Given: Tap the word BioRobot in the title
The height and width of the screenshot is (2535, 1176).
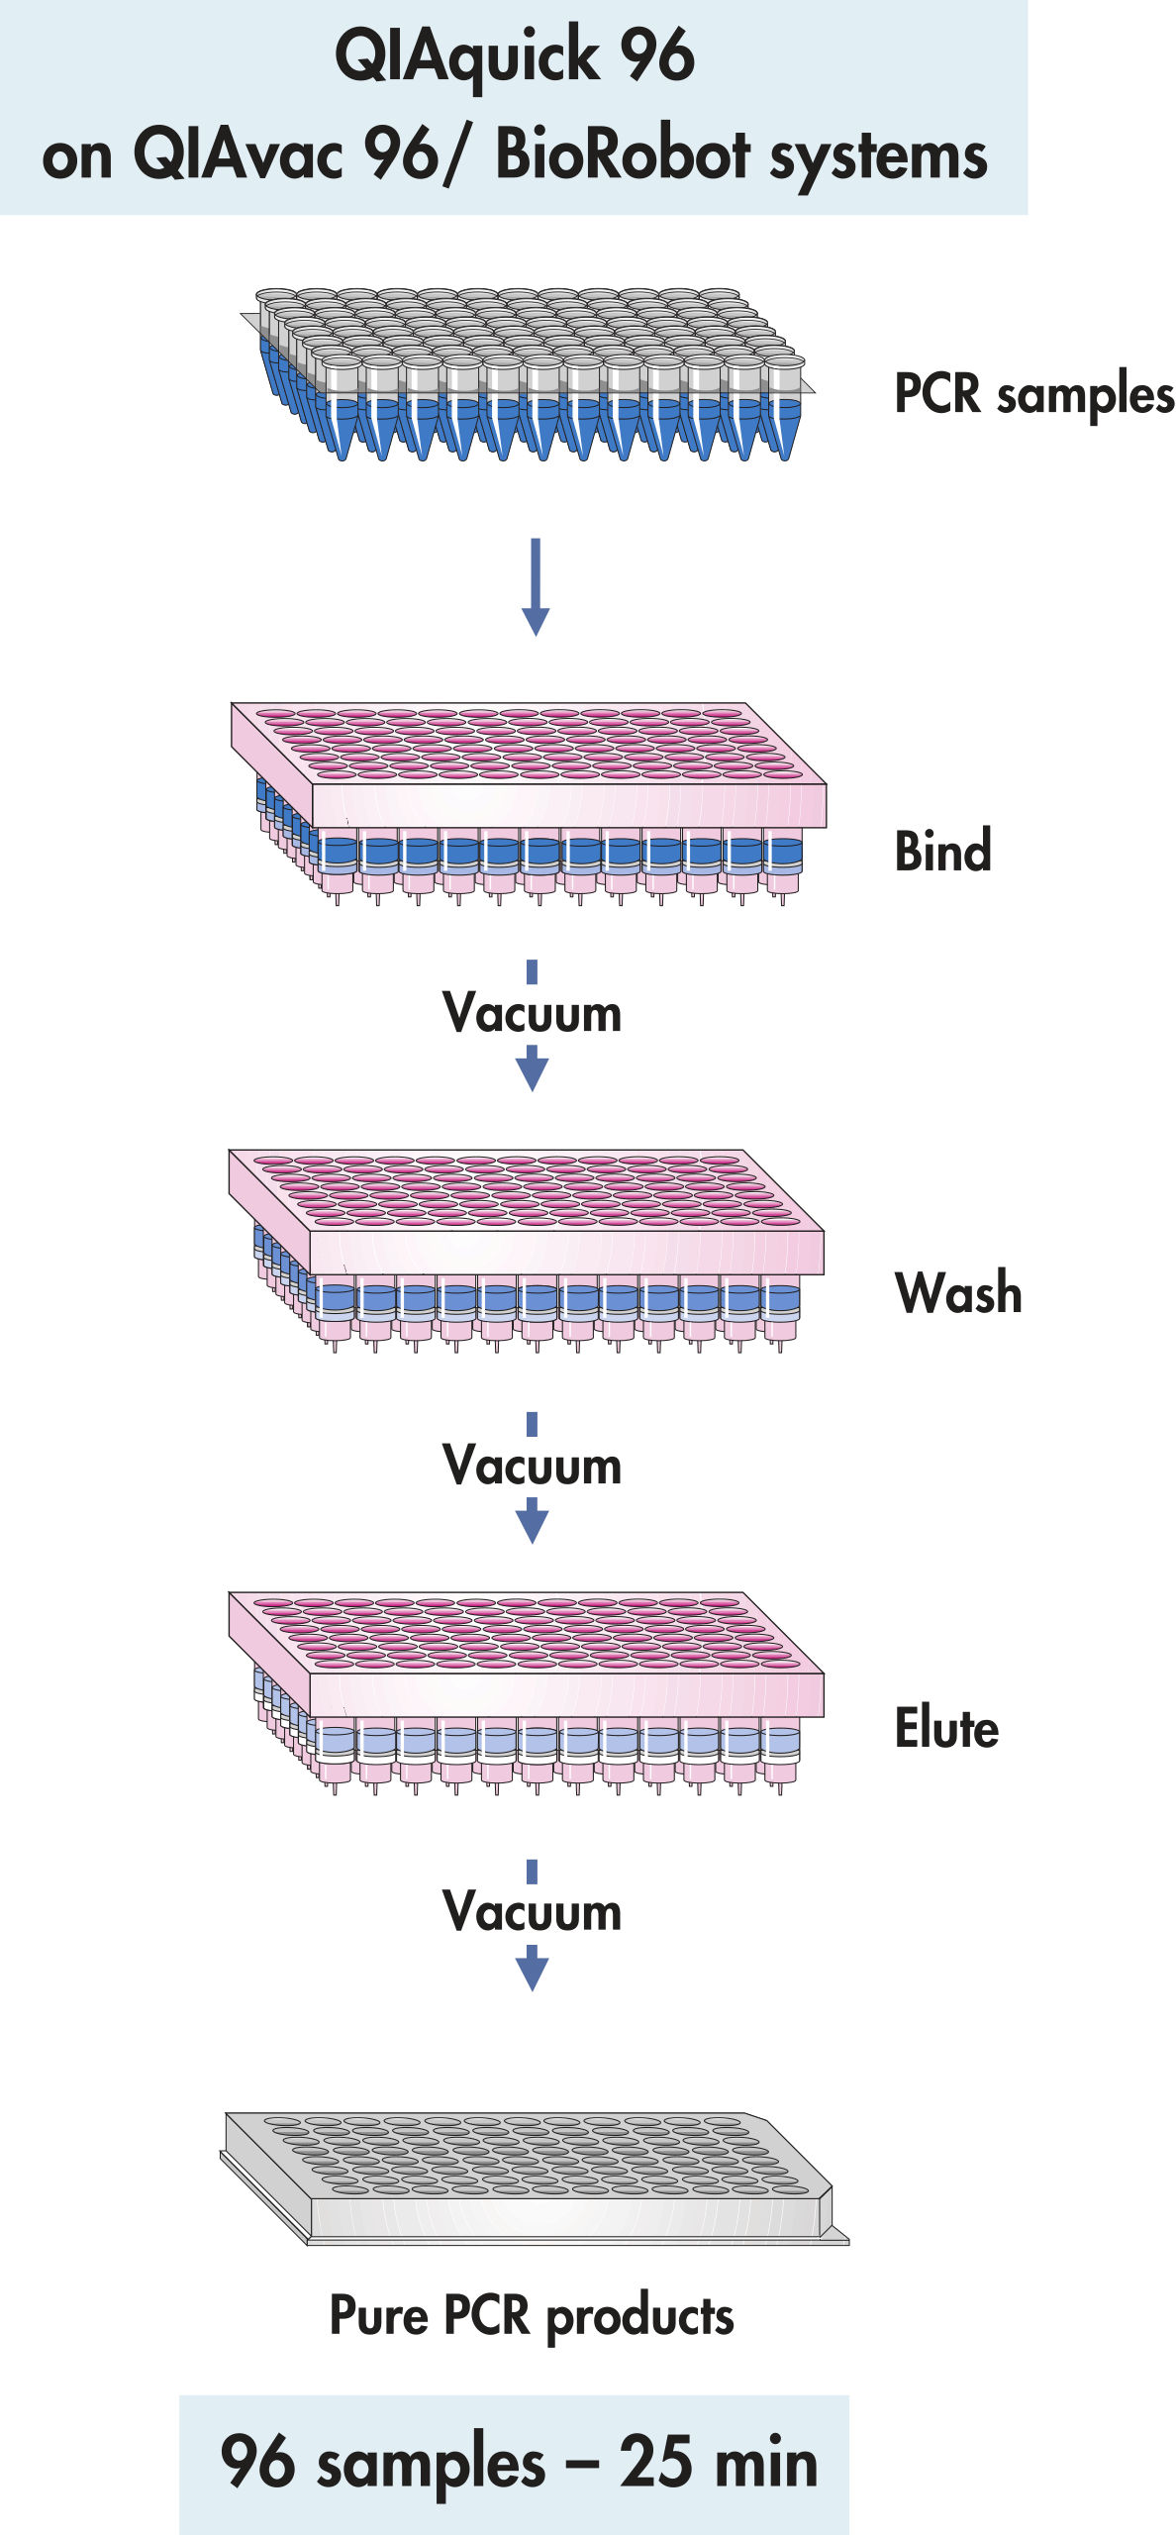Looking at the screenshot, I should [623, 155].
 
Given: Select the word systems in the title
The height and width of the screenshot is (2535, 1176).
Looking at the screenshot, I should [879, 158].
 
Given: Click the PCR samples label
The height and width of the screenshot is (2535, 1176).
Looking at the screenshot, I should [1033, 395].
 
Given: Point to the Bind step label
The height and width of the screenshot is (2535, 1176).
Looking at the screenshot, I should [942, 852].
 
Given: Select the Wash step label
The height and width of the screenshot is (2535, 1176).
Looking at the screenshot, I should [958, 1293].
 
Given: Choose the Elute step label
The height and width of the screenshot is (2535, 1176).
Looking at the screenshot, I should [946, 1729].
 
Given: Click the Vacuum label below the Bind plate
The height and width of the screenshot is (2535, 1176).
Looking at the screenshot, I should [533, 1013].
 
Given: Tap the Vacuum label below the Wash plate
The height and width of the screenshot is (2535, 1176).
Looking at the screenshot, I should [533, 1466].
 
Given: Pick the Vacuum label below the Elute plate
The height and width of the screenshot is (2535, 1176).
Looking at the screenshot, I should [533, 1911].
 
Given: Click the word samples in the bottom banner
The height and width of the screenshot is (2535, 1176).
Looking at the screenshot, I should [431, 2464].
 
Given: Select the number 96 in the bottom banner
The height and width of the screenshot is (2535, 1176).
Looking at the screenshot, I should [257, 2462].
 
